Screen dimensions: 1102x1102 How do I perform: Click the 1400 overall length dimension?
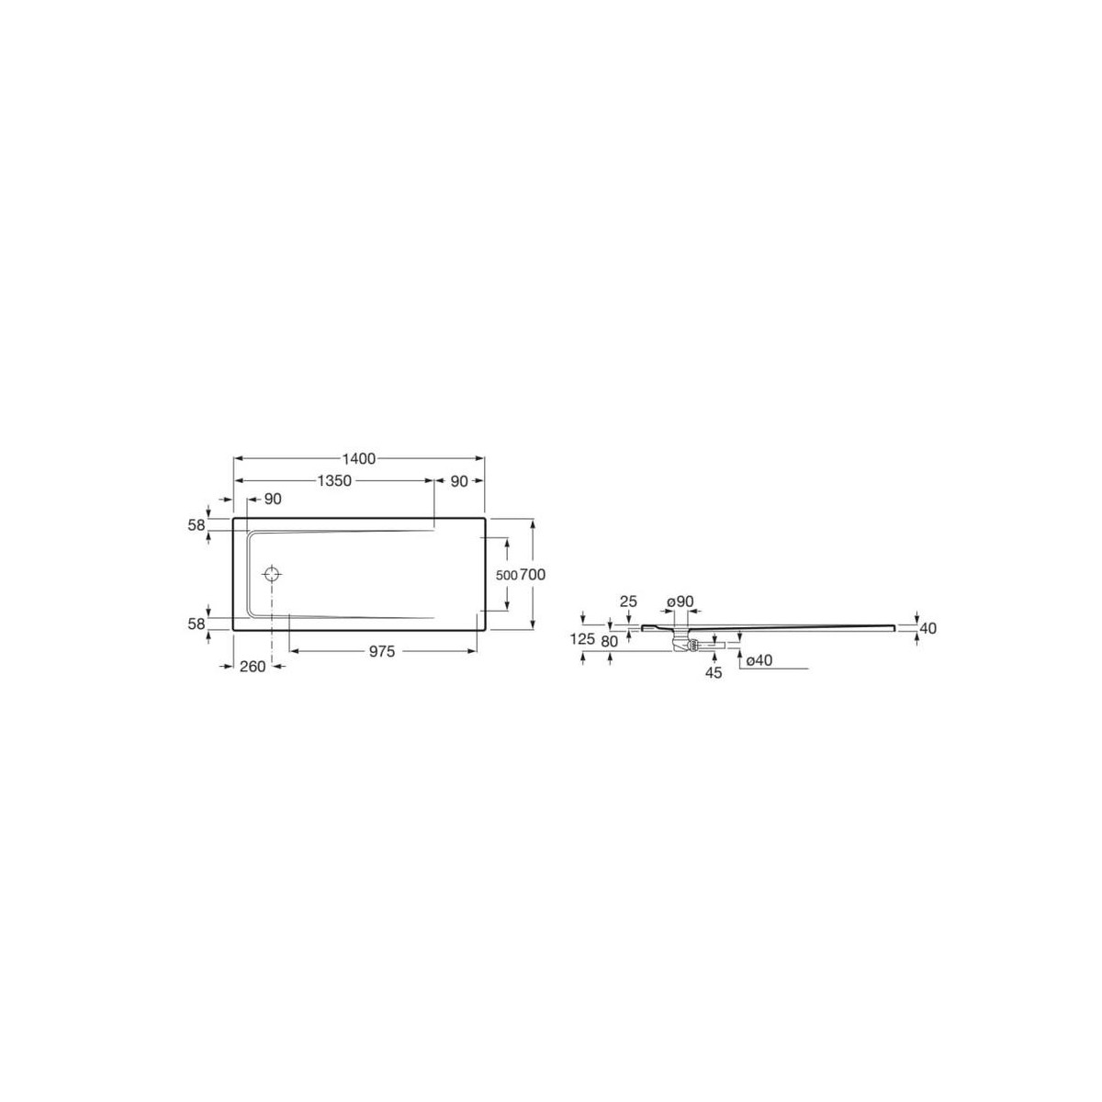click(360, 458)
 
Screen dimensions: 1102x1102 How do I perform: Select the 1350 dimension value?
click(334, 480)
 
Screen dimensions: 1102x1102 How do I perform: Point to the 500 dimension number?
click(506, 575)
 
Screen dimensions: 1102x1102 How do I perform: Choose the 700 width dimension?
click(534, 575)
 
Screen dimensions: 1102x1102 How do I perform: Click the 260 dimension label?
click(252, 667)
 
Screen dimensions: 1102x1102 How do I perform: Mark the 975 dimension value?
click(382, 651)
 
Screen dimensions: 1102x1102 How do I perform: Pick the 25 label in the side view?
click(628, 602)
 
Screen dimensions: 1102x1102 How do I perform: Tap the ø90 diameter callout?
click(680, 602)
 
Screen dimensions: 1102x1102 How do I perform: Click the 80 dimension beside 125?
click(609, 641)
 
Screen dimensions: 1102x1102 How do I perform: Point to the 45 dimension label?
click(714, 672)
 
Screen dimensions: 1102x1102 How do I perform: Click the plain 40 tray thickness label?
click(928, 628)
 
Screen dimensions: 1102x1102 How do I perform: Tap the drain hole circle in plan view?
click(273, 575)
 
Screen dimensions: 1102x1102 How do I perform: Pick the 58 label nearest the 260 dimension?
click(195, 624)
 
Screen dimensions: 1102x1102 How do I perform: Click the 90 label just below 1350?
click(272, 499)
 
